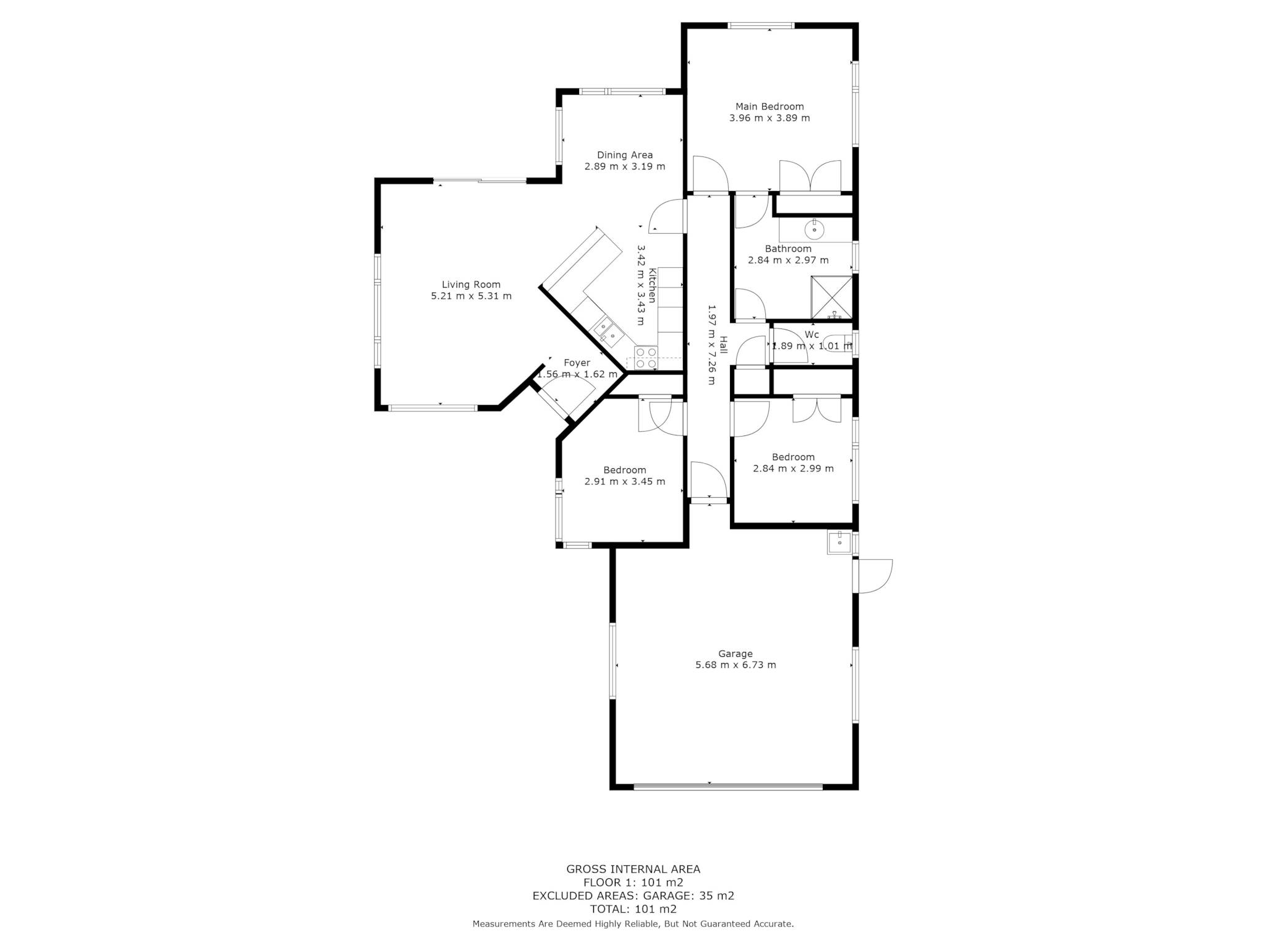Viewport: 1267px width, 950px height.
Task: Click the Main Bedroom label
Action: coord(770,106)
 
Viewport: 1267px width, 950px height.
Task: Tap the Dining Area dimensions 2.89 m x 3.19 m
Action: coord(625,166)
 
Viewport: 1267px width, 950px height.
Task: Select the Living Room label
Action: coord(471,285)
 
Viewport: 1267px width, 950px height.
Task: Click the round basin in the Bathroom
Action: coord(815,229)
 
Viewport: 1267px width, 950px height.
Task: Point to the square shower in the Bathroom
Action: coord(831,297)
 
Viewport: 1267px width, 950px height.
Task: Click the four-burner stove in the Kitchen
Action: coord(646,358)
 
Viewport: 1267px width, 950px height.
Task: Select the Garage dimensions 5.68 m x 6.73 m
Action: coord(736,665)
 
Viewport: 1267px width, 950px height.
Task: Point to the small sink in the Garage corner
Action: coord(840,542)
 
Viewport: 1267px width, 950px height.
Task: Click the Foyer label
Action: coord(577,363)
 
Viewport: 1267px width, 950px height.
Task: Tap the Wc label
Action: coord(812,335)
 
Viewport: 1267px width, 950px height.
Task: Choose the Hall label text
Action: coord(723,345)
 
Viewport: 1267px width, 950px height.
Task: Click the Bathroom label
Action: coord(788,249)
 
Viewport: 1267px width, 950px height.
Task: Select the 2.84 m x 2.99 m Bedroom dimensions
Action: coord(793,468)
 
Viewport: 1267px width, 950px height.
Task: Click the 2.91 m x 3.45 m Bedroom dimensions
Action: coord(625,481)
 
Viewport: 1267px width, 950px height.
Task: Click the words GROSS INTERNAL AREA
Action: coord(633,869)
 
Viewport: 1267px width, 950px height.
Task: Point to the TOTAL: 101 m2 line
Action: coord(633,909)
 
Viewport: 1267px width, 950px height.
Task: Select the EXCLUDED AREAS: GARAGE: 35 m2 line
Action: coord(633,895)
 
